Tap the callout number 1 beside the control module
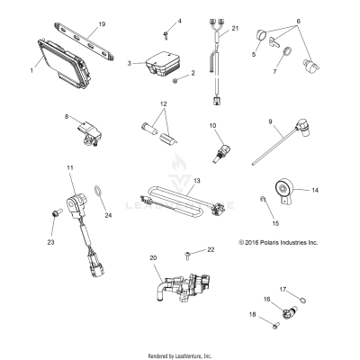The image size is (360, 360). click(31, 69)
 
